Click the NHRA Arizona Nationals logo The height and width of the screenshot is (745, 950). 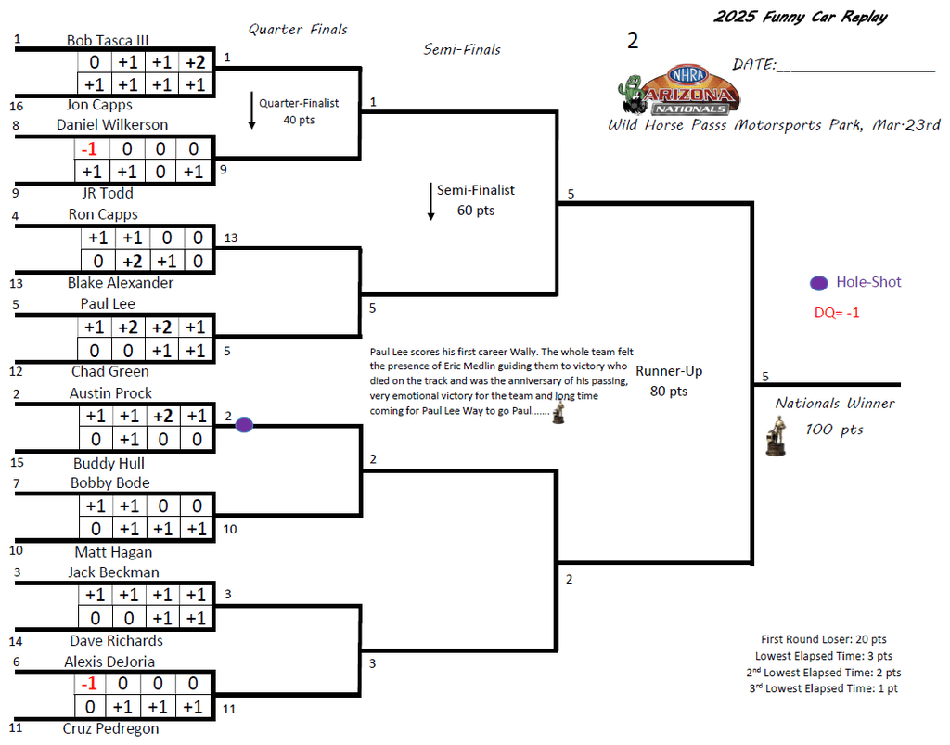click(678, 90)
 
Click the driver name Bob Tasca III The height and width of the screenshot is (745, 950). click(108, 41)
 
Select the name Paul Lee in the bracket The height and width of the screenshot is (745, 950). click(108, 303)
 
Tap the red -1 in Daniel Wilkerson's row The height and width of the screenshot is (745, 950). click(90, 149)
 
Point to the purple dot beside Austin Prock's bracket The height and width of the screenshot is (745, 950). click(244, 425)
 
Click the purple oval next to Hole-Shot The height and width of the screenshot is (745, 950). click(818, 283)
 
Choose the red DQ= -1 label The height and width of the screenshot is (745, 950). click(837, 313)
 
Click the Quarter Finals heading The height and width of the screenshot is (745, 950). click(298, 30)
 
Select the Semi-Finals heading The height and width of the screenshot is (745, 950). click(462, 49)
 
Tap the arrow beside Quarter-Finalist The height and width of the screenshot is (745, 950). click(251, 110)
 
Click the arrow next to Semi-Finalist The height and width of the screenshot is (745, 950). click(431, 200)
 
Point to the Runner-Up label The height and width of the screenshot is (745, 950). click(669, 371)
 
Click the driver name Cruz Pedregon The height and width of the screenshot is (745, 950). click(111, 728)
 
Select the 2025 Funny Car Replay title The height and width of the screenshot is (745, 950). click(800, 17)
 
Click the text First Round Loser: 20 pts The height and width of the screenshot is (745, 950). click(823, 639)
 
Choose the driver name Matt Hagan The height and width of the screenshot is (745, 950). click(113, 552)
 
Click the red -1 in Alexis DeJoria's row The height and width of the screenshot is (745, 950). click(89, 684)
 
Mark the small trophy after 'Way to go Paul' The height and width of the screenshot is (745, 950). click(558, 414)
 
